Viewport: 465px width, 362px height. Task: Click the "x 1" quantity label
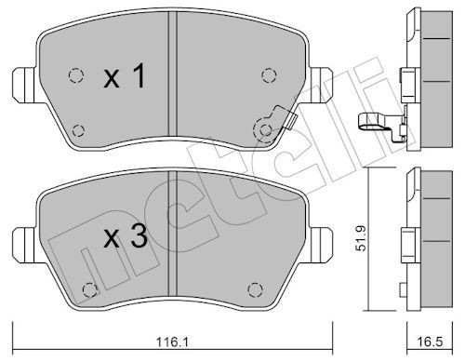pos(125,79)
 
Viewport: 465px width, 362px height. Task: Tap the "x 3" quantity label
pos(125,238)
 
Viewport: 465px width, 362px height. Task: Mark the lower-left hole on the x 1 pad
pos(77,129)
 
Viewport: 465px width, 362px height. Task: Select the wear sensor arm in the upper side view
pos(375,119)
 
